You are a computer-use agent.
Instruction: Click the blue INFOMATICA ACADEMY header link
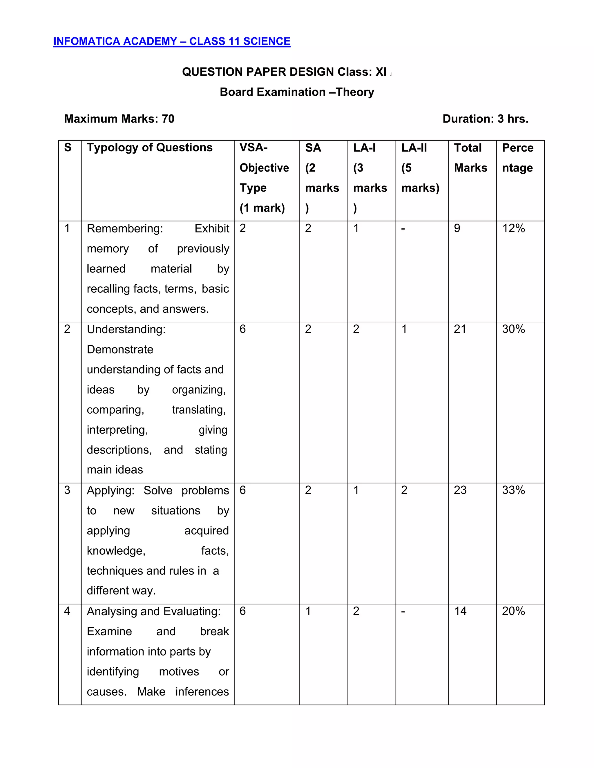172,41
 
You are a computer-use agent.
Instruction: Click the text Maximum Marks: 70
119,119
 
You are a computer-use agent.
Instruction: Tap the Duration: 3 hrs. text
485,119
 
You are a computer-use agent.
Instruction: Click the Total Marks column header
470,158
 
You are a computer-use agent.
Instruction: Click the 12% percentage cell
513,229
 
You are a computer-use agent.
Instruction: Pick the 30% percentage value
513,329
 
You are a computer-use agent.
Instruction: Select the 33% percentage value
513,490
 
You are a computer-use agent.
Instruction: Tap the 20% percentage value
513,611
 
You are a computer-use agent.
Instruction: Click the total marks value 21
460,329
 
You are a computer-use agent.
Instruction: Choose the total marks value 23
460,490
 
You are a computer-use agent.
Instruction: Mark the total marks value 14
460,611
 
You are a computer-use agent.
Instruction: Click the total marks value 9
457,229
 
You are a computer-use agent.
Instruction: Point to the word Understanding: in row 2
126,330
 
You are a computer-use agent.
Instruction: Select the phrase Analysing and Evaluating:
153,612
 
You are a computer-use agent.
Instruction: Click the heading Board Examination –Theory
297,92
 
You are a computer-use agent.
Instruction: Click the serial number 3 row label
67,490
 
